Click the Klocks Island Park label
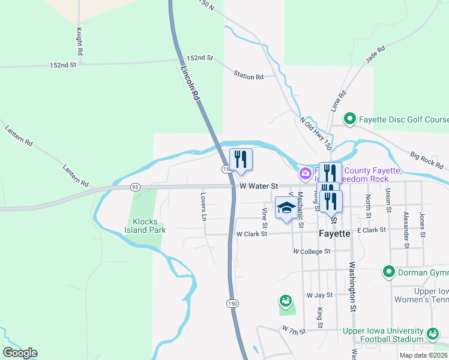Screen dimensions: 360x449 pyautogui.click(x=145, y=225)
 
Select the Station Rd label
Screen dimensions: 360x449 pyautogui.click(x=249, y=76)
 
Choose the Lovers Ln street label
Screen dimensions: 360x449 pyautogui.click(x=204, y=204)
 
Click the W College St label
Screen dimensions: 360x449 pyautogui.click(x=312, y=251)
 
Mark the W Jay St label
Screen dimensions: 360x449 pyautogui.click(x=319, y=295)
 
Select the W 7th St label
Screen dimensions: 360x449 pyautogui.click(x=294, y=329)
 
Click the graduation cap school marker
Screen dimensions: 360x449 pyautogui.click(x=286, y=208)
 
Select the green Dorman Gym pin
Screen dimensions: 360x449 pyautogui.click(x=388, y=272)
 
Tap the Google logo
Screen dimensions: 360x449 pyautogui.click(x=20, y=353)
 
